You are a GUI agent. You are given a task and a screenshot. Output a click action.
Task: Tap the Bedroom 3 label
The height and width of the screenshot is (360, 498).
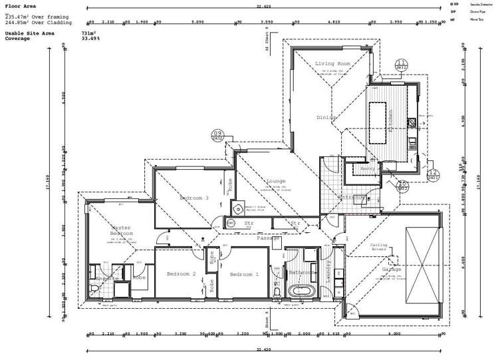coord(194,198)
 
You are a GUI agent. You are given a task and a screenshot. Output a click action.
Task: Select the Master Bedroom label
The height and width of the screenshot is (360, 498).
coord(122,230)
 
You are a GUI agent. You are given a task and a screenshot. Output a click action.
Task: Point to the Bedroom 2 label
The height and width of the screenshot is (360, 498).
coord(181,274)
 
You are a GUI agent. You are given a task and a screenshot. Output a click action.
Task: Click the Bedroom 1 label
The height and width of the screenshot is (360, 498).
coord(244,274)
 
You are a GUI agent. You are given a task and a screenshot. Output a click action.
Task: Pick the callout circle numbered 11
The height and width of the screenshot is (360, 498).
coord(402,65)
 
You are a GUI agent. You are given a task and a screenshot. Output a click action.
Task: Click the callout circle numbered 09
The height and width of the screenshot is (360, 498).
coord(217,136)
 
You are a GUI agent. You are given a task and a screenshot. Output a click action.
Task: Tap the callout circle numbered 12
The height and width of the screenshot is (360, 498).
coord(434,175)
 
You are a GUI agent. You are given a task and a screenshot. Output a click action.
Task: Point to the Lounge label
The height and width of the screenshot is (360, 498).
coord(276,181)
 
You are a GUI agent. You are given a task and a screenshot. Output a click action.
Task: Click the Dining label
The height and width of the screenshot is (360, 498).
coord(326,117)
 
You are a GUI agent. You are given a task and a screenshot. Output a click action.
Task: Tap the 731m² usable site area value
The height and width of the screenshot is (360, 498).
coord(88,33)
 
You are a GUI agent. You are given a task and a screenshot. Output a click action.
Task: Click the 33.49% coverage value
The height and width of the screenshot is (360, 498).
coord(90,39)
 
